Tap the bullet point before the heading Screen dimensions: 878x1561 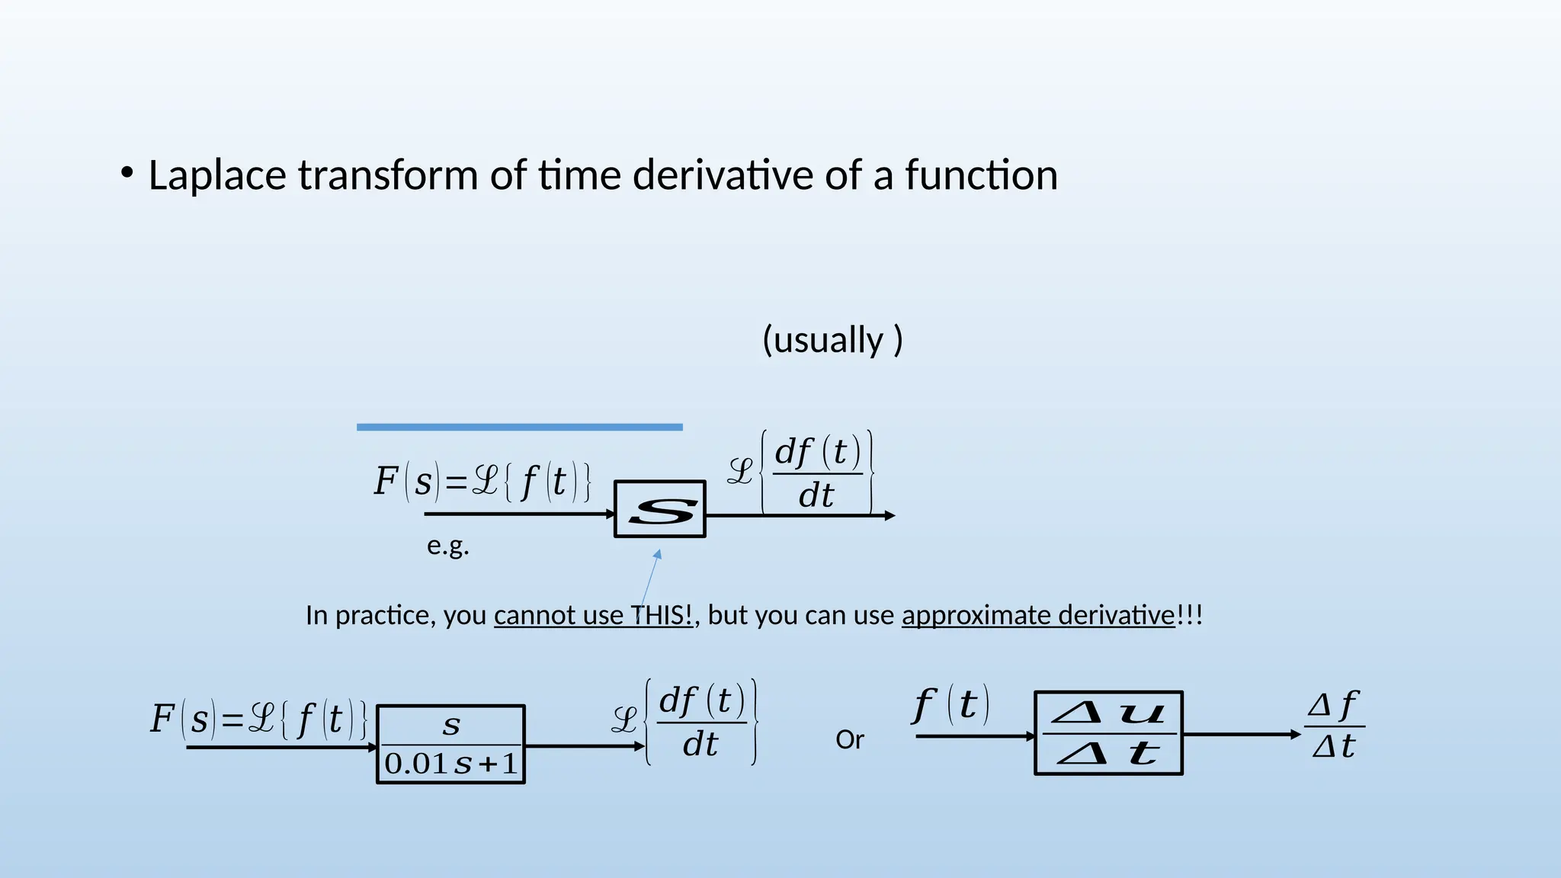tap(127, 173)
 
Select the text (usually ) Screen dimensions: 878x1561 tap(832, 340)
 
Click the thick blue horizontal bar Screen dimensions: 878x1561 tap(519, 428)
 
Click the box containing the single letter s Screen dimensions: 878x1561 tap(660, 509)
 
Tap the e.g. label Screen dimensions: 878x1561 tap(448, 546)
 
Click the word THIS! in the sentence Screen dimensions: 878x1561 tap(662, 615)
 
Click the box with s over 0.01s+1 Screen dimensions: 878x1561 tap(451, 745)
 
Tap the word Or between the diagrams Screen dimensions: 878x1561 tap(850, 740)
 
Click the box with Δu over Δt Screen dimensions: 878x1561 tap(1108, 733)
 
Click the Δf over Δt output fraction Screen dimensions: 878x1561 tap(1334, 726)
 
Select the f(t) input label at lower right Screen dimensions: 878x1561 tap(951, 705)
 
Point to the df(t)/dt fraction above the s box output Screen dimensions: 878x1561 tap(817, 473)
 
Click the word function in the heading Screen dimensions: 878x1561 tap(982, 175)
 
